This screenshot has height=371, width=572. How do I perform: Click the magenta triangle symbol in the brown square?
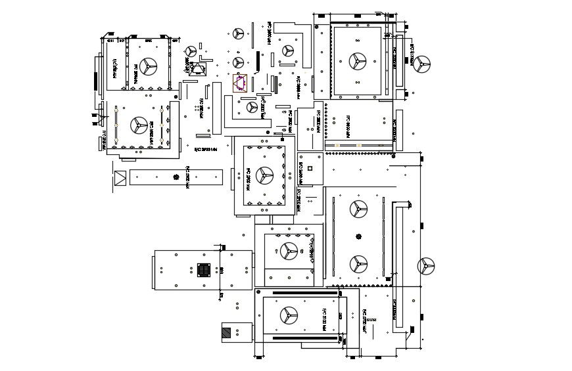tap(240, 82)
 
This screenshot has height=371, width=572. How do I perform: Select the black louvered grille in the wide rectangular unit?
tap(204, 270)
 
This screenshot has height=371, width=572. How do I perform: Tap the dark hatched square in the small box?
tap(227, 332)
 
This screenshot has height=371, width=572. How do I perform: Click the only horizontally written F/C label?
tap(205, 149)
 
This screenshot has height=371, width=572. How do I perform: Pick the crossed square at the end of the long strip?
tap(120, 178)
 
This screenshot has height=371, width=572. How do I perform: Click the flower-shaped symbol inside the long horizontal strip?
tap(176, 177)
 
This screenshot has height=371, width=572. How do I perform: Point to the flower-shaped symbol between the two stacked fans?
tap(358, 236)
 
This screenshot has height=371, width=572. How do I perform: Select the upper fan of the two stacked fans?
tap(358, 209)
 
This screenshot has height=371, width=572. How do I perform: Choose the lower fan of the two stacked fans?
tap(358, 264)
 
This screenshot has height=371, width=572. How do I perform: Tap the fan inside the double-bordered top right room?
tap(358, 60)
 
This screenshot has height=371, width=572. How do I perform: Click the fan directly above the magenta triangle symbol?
tap(238, 62)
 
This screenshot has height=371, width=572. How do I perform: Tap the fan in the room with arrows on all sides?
tap(264, 174)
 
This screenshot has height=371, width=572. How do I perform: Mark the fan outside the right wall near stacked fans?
tap(426, 266)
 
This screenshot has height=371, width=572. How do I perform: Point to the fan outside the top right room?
tap(421, 64)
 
